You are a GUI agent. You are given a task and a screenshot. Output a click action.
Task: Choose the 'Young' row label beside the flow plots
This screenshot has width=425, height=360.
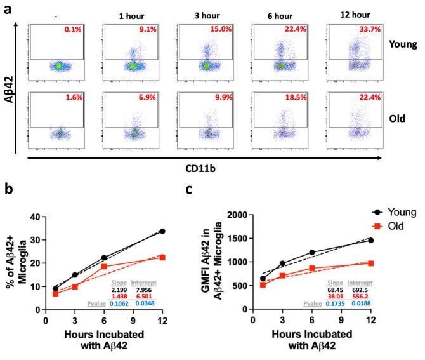[399, 44]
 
